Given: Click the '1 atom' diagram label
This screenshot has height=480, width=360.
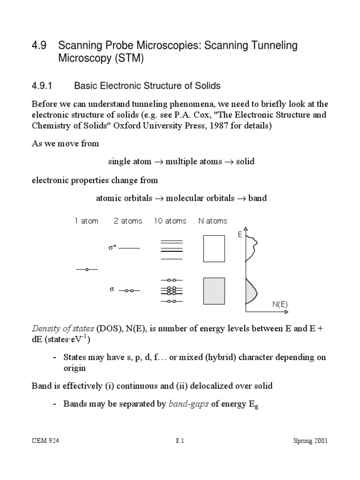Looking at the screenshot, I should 87,221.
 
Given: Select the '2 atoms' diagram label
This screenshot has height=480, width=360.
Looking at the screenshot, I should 128,221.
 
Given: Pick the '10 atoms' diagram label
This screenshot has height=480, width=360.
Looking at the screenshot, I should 170,221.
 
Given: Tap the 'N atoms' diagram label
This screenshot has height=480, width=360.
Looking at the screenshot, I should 213,221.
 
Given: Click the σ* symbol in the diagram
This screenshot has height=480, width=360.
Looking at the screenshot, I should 112,248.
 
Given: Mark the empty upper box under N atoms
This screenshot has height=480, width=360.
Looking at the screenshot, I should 214,248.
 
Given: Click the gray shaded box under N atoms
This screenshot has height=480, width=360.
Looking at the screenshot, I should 214,291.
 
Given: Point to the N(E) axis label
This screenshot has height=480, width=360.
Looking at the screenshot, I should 280,304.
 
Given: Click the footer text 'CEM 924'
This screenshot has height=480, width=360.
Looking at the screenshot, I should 45,441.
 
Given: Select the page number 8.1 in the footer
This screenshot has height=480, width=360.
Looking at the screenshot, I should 180,441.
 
